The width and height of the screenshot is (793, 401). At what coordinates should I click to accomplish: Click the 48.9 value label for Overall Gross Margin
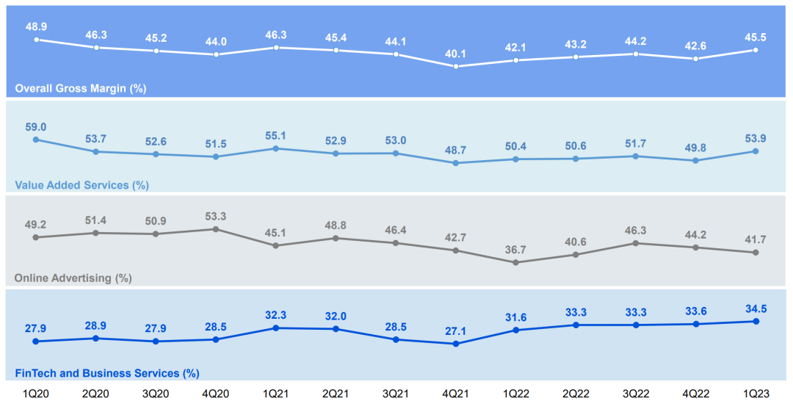(36, 26)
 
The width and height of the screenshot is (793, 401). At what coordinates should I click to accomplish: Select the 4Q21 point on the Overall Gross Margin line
(456, 66)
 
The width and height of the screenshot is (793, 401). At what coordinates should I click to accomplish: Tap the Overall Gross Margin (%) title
(81, 89)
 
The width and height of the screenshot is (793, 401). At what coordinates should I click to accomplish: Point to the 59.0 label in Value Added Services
(36, 127)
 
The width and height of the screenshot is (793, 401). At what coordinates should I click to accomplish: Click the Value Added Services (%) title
(82, 185)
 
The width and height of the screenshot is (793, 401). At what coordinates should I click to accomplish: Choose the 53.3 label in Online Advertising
(216, 216)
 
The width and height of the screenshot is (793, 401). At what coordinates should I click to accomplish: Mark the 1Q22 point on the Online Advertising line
(515, 262)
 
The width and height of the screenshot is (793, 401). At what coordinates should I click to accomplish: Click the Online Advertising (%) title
(73, 278)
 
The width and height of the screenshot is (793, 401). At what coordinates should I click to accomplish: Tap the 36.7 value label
(515, 249)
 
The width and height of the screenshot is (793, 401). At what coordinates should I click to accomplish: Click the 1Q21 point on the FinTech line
(276, 328)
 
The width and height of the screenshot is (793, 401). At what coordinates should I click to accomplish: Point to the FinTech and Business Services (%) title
(107, 374)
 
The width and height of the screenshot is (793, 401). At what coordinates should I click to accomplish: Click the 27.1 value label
(456, 330)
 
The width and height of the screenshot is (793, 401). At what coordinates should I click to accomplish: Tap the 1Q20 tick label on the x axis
(36, 394)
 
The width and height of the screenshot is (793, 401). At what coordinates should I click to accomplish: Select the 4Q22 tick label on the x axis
(695, 394)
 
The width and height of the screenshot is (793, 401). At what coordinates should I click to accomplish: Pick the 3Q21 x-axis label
(396, 394)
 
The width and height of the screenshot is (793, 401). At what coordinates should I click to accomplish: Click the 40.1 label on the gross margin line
(456, 53)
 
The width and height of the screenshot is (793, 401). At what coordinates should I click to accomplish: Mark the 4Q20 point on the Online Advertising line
(216, 229)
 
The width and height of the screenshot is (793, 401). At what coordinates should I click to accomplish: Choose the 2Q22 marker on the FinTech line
(576, 325)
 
